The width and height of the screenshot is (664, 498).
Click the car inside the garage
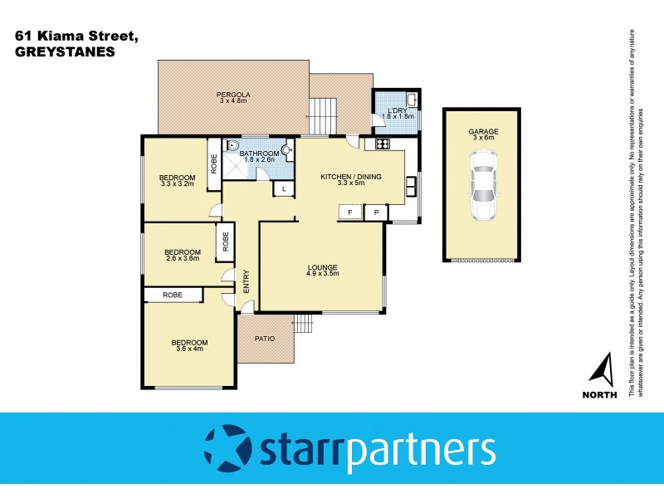[482, 193]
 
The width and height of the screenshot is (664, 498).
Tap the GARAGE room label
[482, 130]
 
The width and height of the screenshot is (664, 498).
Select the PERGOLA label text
[233, 94]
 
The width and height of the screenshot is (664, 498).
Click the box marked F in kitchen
[350, 212]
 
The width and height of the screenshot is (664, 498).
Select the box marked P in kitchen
[376, 212]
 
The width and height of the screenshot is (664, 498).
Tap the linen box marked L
[283, 189]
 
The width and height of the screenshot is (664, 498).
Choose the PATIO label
[265, 338]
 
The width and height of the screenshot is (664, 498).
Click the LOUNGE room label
[322, 266]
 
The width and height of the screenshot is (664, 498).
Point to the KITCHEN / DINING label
[352, 176]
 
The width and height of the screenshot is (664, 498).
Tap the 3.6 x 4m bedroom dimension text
[189, 349]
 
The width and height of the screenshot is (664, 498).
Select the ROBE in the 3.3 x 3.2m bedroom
[213, 163]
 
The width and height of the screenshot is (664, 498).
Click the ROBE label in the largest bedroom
[173, 295]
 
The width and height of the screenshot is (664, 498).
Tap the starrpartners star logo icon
[226, 447]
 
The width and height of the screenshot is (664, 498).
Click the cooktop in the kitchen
[383, 144]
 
